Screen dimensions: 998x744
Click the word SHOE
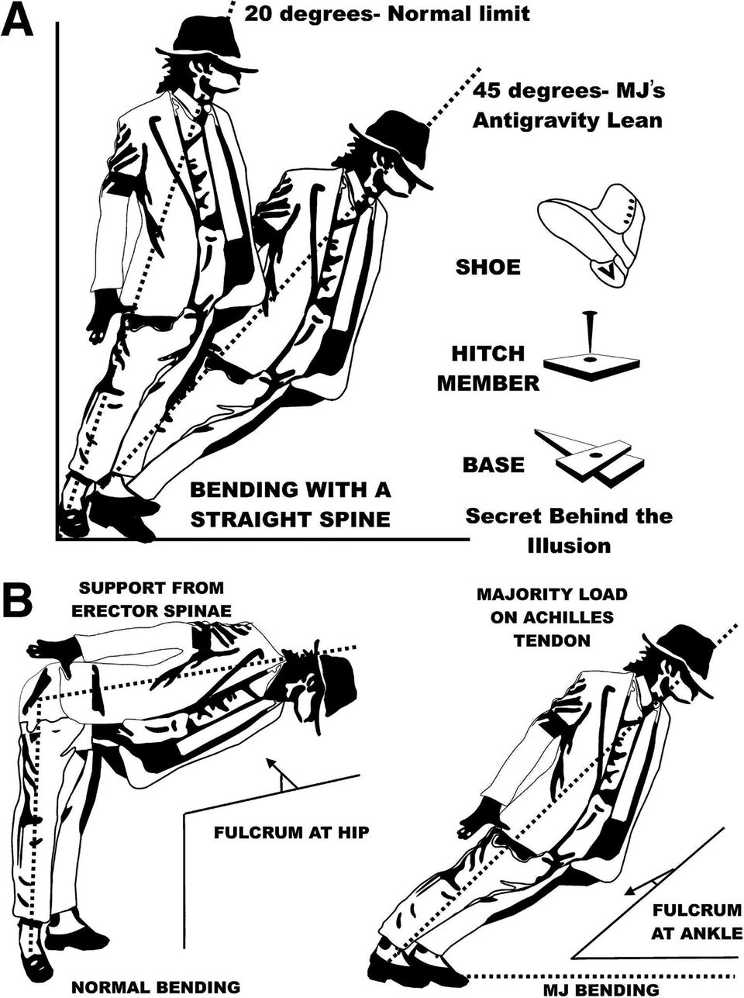pos(487,268)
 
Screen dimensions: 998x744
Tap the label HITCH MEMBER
pos(489,368)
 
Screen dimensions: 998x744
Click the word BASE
pos(494,464)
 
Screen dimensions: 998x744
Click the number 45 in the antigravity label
pos(491,91)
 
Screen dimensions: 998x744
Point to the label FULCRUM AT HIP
pos(290,833)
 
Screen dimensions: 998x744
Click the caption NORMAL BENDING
pos(156,987)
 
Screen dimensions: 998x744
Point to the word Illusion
pos(569,545)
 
